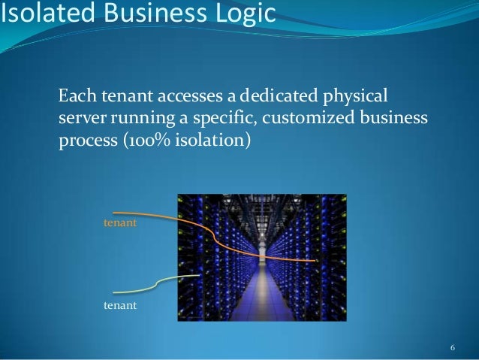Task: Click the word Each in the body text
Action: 74,97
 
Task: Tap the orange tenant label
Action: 119,225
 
